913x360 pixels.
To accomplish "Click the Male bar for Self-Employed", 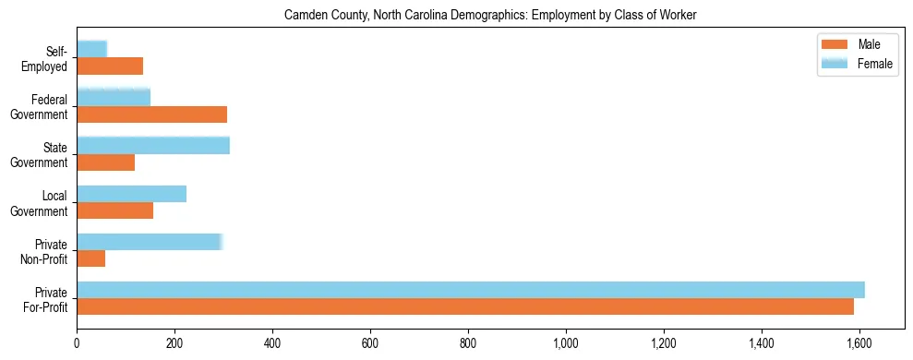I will [110, 66].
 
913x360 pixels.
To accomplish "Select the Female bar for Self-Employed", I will [92, 49].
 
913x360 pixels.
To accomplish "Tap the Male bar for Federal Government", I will [151, 114].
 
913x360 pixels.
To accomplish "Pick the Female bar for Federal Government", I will [114, 97].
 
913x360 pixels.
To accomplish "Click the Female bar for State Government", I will [153, 145].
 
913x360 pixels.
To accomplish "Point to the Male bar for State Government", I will [106, 162].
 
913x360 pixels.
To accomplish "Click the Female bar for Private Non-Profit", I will [150, 241].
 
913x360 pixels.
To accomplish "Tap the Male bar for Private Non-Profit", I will [91, 258].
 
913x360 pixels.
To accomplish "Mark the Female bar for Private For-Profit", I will [471, 289].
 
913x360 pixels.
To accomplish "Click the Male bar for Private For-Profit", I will [465, 306].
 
